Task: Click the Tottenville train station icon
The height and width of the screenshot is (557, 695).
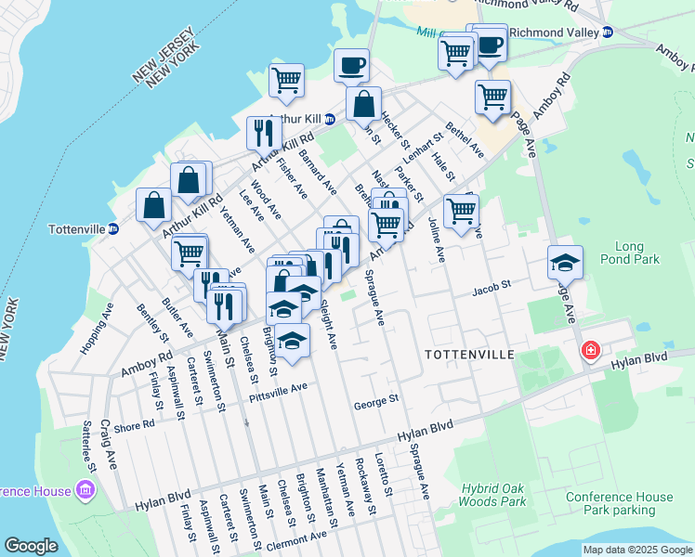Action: (x=113, y=229)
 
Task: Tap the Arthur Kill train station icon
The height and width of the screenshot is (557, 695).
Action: (x=330, y=119)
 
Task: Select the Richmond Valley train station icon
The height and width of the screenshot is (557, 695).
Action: (x=609, y=32)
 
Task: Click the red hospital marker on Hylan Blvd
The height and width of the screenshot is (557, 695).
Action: (x=589, y=351)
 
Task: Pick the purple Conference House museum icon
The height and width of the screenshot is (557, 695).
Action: (x=85, y=488)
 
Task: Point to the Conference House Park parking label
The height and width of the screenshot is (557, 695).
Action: (x=620, y=503)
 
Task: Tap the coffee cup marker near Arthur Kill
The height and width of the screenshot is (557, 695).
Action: (x=351, y=66)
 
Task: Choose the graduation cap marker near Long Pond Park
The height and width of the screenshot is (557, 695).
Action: (x=565, y=264)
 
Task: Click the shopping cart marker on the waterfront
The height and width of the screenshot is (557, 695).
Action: (x=287, y=81)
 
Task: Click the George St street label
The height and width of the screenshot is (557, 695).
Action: (x=375, y=401)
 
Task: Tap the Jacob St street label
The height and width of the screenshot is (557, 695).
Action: (x=492, y=288)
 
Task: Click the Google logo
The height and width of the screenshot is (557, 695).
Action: (x=32, y=546)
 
